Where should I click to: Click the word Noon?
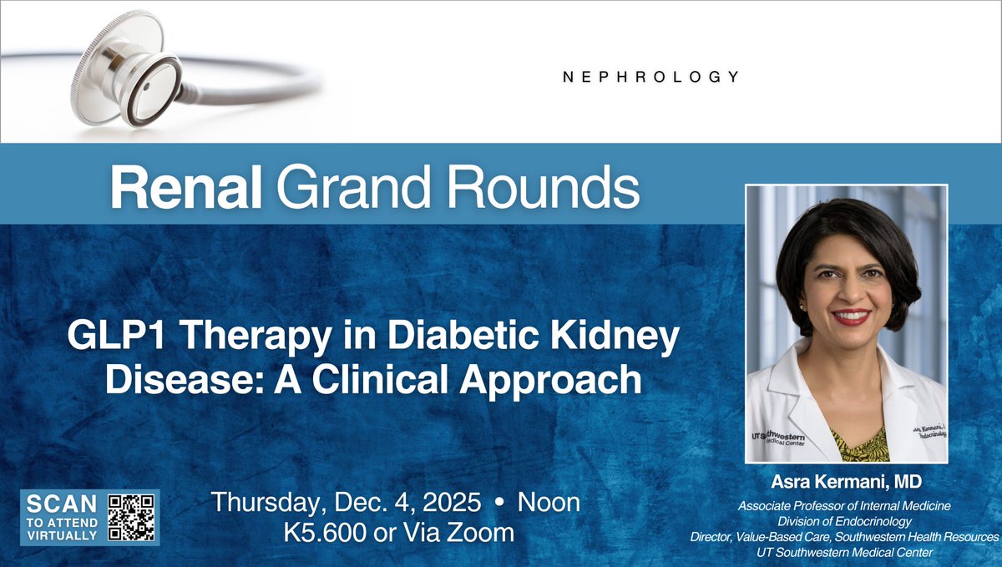click(x=549, y=504)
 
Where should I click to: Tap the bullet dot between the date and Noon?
click(x=499, y=504)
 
